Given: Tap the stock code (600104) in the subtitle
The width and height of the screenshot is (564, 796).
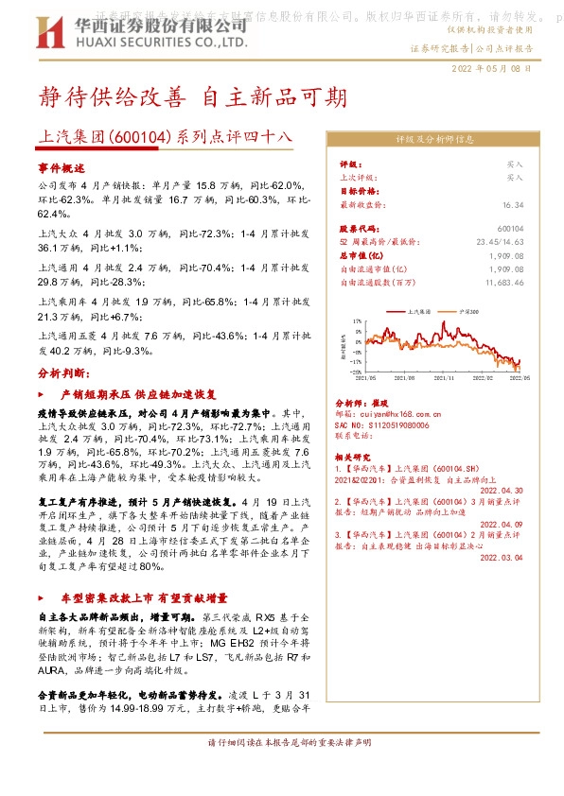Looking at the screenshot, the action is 142,138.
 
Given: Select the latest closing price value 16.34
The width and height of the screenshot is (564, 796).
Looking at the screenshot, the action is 513,204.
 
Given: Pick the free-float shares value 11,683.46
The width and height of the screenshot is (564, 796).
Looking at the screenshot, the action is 503,282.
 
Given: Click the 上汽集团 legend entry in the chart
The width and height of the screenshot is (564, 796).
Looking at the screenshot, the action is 417,309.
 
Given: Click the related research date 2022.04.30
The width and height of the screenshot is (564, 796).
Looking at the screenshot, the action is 502,491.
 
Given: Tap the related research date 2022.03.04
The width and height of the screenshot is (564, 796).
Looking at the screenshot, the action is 502,558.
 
